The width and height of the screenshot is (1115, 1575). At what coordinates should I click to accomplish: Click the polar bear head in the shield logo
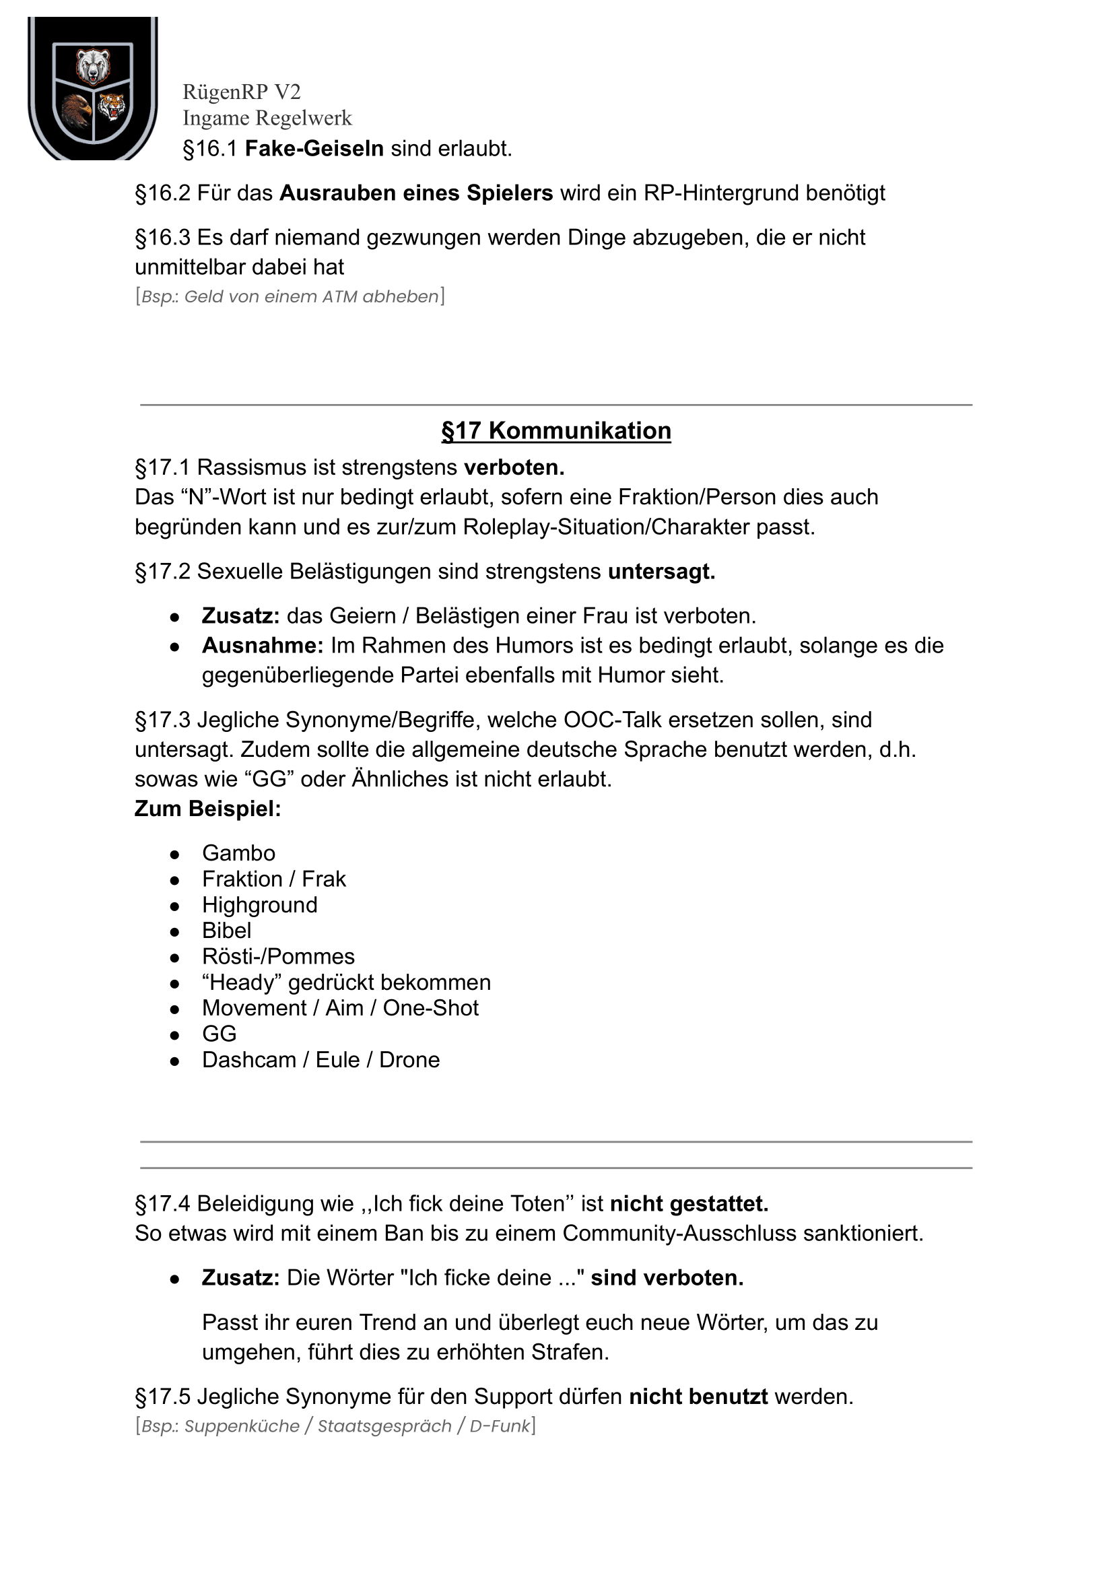(x=93, y=66)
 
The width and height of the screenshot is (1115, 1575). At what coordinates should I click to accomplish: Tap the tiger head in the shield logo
(x=111, y=106)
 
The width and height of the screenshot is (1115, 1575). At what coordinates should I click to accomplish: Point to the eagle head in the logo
(x=75, y=110)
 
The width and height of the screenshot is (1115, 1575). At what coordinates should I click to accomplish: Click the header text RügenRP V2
(x=241, y=92)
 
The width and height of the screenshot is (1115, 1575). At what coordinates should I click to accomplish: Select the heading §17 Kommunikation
(x=556, y=430)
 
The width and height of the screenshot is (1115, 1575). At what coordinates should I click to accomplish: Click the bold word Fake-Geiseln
(x=314, y=149)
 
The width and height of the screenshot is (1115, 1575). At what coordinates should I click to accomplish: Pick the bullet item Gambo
(x=238, y=852)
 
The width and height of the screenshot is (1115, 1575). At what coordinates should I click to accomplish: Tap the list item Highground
(x=259, y=905)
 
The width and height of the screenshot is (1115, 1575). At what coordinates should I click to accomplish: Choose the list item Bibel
(x=227, y=931)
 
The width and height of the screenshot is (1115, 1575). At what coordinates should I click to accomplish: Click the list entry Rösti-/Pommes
(x=278, y=956)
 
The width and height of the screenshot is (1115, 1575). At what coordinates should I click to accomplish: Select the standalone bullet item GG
(x=219, y=1034)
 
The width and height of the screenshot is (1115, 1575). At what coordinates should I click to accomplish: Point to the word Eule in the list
(x=337, y=1059)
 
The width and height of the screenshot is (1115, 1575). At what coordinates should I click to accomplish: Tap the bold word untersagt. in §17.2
(x=661, y=571)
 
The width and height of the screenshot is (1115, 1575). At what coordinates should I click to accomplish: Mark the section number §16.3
(x=163, y=238)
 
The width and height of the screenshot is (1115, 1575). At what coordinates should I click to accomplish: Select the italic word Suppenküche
(x=242, y=1426)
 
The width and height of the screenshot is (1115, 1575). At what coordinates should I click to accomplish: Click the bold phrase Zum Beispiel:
(x=207, y=809)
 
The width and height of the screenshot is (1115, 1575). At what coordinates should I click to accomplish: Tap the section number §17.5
(x=163, y=1397)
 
